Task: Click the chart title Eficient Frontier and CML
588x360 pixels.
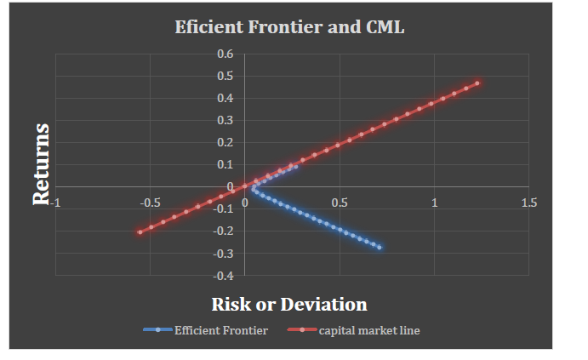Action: (x=289, y=26)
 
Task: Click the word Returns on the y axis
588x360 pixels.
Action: (x=41, y=163)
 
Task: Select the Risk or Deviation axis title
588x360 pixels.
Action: (x=289, y=304)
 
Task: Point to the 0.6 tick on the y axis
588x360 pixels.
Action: (x=225, y=54)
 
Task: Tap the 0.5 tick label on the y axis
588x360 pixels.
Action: (x=225, y=76)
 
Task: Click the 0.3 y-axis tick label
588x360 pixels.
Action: (x=225, y=120)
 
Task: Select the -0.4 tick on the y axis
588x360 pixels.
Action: (x=223, y=275)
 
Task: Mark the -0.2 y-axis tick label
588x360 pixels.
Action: (x=223, y=231)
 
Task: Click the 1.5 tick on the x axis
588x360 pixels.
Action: (x=528, y=203)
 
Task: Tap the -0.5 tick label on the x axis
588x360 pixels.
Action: (x=149, y=203)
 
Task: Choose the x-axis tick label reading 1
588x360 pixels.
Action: (x=434, y=203)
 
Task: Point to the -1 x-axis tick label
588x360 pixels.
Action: (x=56, y=203)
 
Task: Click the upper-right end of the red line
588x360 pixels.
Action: (x=478, y=83)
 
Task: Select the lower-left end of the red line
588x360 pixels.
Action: (x=140, y=232)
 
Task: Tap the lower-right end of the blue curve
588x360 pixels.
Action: (x=380, y=248)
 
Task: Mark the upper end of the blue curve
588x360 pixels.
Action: (x=296, y=165)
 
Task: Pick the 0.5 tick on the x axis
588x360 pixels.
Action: (x=340, y=203)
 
